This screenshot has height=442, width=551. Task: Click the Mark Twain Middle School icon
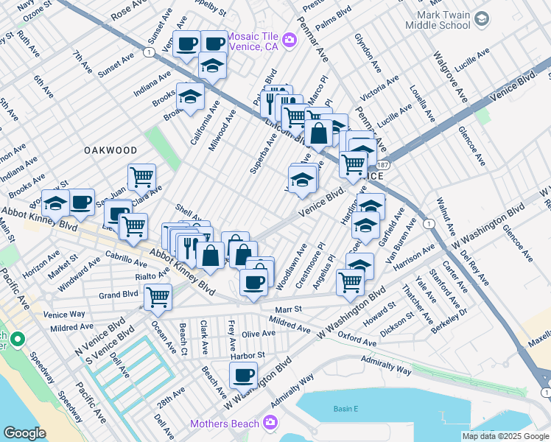[x=482, y=18]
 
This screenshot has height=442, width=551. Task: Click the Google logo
[x=24, y=433]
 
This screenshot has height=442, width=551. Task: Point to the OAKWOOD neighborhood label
[x=110, y=150]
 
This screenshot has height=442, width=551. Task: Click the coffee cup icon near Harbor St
[x=243, y=375]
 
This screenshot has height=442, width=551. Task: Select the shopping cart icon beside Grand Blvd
[x=158, y=297]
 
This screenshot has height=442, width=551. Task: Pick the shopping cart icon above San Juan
[x=141, y=177]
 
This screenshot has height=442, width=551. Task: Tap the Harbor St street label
[x=247, y=355]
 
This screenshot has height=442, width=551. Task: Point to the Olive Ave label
[x=259, y=334]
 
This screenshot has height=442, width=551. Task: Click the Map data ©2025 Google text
[x=505, y=436]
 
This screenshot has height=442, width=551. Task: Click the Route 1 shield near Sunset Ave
[x=150, y=52]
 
